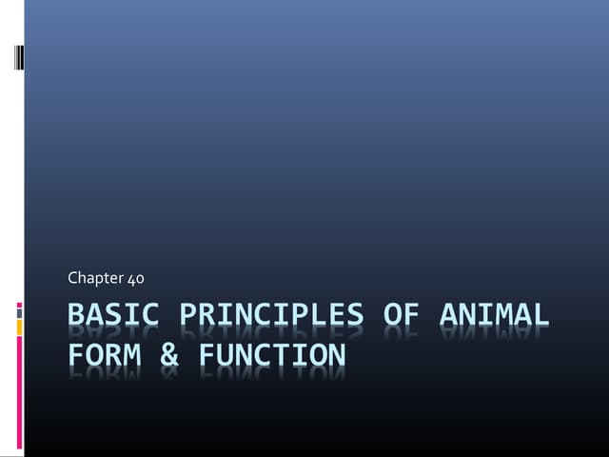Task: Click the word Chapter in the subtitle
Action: click(x=95, y=278)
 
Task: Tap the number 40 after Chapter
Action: click(x=135, y=278)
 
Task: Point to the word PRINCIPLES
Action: click(x=270, y=315)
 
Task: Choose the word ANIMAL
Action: click(x=493, y=315)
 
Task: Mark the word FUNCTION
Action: click(x=271, y=355)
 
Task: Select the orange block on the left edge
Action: click(x=20, y=327)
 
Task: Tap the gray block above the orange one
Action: click(x=20, y=312)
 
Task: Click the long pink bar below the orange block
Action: click(x=20, y=395)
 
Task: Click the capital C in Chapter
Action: click(x=72, y=278)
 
